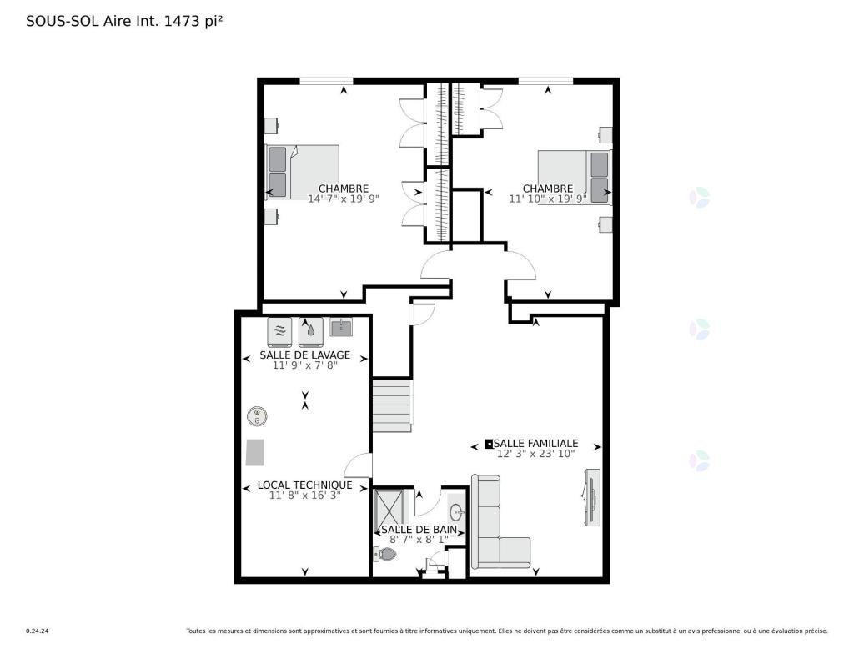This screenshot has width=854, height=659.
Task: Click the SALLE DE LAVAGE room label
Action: coord(305,355)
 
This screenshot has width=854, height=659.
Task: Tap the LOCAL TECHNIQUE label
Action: coord(305,485)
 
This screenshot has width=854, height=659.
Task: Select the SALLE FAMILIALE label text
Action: coord(536,444)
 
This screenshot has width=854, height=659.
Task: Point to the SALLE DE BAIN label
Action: coord(419,530)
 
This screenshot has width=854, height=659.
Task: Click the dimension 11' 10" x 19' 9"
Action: coord(548,199)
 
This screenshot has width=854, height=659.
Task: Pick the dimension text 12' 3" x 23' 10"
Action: coord(536,454)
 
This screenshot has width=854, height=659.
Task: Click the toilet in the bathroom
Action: coord(385,555)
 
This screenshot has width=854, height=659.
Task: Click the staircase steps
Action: coord(392,406)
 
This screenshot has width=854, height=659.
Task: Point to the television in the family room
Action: coord(592,497)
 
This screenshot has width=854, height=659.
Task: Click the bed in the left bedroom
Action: coord(302,172)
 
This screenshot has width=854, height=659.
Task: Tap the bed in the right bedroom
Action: coord(575,178)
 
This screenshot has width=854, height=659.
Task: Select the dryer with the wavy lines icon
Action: coord(279,332)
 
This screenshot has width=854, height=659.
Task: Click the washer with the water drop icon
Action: coord(310,332)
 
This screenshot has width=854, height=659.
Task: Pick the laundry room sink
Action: coord(341,327)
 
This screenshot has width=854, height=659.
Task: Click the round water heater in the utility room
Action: coord(257,417)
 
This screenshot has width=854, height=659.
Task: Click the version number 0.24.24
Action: coord(38,631)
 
